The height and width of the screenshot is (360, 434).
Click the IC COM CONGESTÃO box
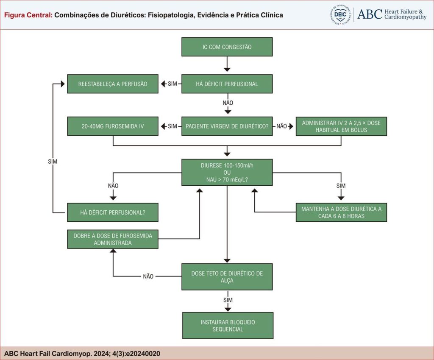click(227, 47)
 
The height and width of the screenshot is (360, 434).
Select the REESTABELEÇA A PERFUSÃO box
click(113, 84)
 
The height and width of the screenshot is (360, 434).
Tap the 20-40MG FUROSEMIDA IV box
click(113, 126)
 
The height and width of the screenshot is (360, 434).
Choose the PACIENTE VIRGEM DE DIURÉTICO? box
click(227, 126)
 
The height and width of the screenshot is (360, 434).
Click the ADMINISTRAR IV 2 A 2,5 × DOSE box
click(341, 126)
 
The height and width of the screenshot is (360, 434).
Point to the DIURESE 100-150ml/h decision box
click(227, 172)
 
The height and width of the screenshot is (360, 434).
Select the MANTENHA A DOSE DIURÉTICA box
click(341, 212)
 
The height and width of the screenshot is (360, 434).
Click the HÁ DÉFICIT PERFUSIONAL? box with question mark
click(113, 212)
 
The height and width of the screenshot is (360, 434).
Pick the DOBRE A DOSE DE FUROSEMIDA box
click(113, 239)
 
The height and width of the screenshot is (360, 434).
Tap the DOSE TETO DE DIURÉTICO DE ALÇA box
click(227, 276)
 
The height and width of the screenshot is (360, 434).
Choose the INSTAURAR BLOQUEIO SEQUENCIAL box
click(228, 325)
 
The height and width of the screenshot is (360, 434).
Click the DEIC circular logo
click(340, 15)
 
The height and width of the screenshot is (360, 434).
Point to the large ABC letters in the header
click(370, 14)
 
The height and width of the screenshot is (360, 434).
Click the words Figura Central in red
click(28, 15)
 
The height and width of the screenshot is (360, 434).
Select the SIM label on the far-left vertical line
click(53, 162)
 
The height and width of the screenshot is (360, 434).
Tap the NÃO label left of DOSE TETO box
click(148, 276)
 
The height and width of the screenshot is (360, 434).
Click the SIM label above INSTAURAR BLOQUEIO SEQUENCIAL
click(228, 300)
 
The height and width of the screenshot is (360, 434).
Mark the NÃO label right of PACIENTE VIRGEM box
click(281, 126)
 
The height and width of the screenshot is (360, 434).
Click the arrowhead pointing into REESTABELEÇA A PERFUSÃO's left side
click(63, 84)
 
